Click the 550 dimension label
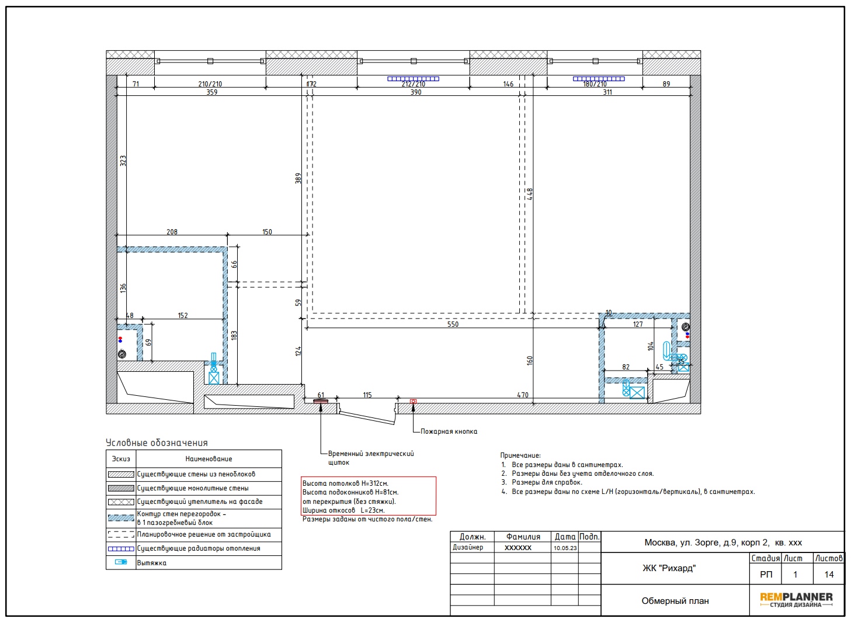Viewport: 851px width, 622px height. pyautogui.click(x=453, y=324)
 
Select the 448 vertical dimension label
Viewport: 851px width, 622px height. pyautogui.click(x=530, y=194)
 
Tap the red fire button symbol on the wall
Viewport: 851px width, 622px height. pyautogui.click(x=413, y=401)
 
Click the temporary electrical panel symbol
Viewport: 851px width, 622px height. pyautogui.click(x=320, y=400)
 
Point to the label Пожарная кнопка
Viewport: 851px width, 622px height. pyautogui.click(x=449, y=431)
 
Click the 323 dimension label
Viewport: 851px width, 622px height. pyautogui.click(x=123, y=161)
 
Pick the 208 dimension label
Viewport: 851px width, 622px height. pyautogui.click(x=172, y=232)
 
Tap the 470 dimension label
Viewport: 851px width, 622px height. pyautogui.click(x=522, y=395)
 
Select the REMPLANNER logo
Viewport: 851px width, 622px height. pyautogui.click(x=796, y=600)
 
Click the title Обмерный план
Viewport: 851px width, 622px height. pyautogui.click(x=675, y=601)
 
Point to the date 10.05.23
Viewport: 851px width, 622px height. pyautogui.click(x=565, y=548)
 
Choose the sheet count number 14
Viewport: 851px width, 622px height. pyautogui.click(x=829, y=575)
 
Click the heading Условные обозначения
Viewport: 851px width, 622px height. pyautogui.click(x=157, y=443)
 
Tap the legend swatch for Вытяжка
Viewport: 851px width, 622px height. pyautogui.click(x=121, y=562)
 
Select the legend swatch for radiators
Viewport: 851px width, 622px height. pyautogui.click(x=121, y=548)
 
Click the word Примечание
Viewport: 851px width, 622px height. pyautogui.click(x=520, y=455)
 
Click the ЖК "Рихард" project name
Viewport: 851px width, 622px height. pyautogui.click(x=669, y=568)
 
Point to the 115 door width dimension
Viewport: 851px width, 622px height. pyautogui.click(x=367, y=395)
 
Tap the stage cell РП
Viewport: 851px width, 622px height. pyautogui.click(x=766, y=575)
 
